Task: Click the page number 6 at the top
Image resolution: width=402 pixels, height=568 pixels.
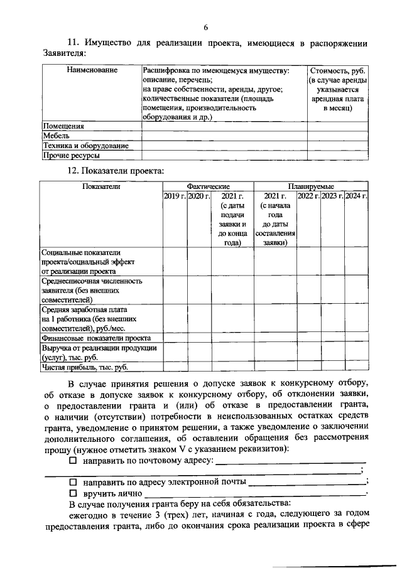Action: click(x=205, y=26)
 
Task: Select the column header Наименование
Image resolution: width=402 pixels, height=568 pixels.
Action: click(x=92, y=70)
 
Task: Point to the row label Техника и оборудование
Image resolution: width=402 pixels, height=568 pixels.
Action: click(x=85, y=146)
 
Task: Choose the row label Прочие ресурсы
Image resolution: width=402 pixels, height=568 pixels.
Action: click(x=71, y=155)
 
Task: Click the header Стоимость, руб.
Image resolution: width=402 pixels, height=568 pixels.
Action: click(x=337, y=70)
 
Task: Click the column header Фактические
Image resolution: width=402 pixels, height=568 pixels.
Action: click(x=208, y=186)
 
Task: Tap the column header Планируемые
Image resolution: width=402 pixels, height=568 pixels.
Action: click(x=311, y=186)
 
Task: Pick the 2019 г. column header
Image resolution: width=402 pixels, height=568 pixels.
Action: click(x=175, y=196)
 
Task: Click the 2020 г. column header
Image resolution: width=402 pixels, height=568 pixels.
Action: click(x=198, y=196)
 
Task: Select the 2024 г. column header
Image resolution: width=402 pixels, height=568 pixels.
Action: click(x=356, y=196)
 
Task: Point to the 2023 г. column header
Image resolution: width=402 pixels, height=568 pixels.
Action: click(x=332, y=196)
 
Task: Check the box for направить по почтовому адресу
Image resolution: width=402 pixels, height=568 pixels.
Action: click(x=72, y=461)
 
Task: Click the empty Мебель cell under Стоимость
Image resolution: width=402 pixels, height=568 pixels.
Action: click(x=337, y=136)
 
